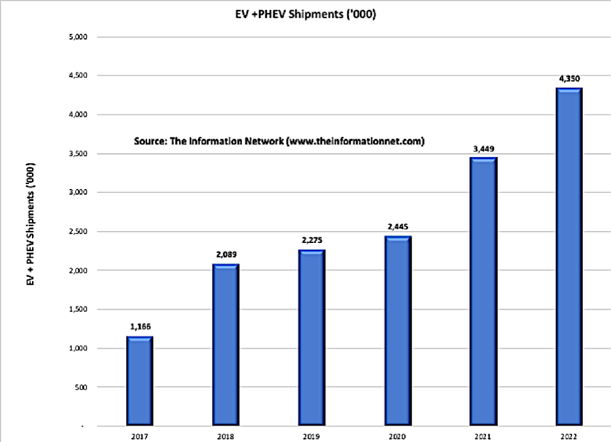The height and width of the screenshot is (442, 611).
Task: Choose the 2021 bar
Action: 484,292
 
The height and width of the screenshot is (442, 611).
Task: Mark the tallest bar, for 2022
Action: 570,257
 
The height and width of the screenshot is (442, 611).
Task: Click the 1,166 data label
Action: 140,326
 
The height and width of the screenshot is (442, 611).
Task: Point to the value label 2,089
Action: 226,254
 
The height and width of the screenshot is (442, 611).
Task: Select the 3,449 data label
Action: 484,148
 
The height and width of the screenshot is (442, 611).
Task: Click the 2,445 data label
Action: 399,227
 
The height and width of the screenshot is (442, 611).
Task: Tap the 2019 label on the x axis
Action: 312,435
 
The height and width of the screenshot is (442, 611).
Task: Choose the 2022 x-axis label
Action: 570,435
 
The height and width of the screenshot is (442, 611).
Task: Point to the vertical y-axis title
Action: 29,226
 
